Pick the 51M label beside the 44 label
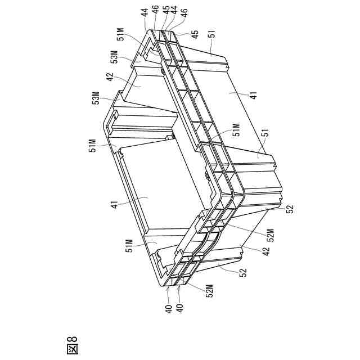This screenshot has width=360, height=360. point(120,37)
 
